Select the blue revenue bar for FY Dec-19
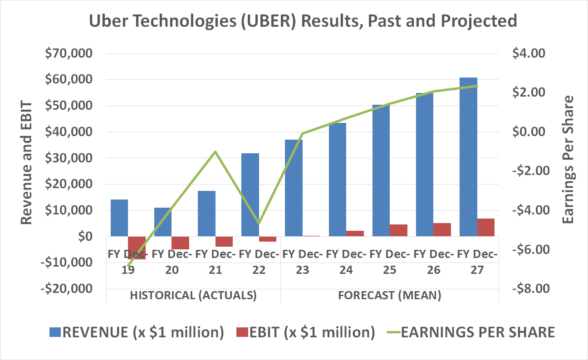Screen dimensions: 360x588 pyautogui.click(x=119, y=218)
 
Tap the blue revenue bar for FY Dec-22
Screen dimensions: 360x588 pyautogui.click(x=250, y=195)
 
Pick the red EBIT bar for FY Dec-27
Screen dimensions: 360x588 pyautogui.click(x=485, y=227)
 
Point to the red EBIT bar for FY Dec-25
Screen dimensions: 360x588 pyautogui.click(x=398, y=230)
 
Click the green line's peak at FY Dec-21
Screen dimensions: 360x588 pyautogui.click(x=216, y=151)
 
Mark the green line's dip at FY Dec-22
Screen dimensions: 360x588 pyautogui.click(x=259, y=223)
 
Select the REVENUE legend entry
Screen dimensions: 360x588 pyautogui.click(x=137, y=332)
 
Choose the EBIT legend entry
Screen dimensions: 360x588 pyautogui.click(x=305, y=332)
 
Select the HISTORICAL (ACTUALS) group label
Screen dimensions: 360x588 pyautogui.click(x=193, y=296)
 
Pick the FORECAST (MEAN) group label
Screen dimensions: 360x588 pyautogui.click(x=390, y=296)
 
